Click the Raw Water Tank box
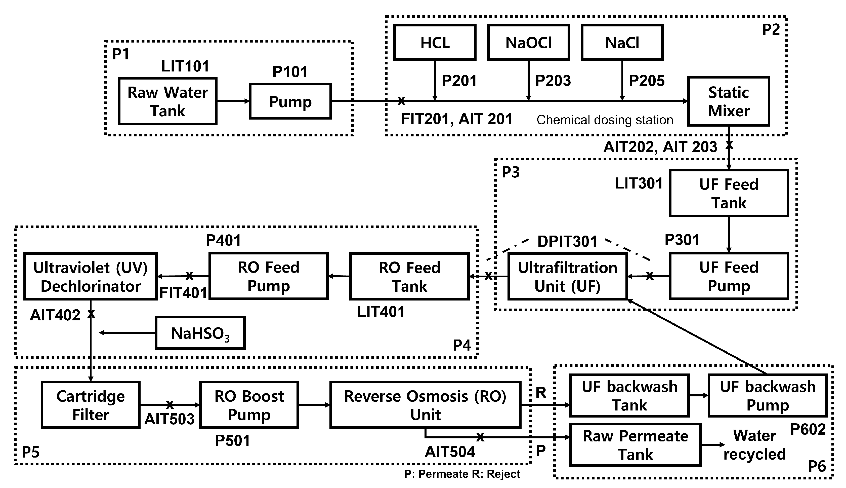pos(167,101)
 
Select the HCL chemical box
pos(435,43)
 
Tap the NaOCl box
pos(528,43)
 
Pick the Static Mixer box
pos(729,101)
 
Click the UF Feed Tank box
pos(729,193)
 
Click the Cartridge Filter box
pos(91,405)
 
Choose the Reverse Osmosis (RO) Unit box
pos(425,405)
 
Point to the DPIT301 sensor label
pos(567,241)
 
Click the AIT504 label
pos(450,452)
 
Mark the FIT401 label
pos(183,293)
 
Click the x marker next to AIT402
pos(91,314)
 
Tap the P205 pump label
pos(646,81)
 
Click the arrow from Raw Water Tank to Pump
pos(233,101)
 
